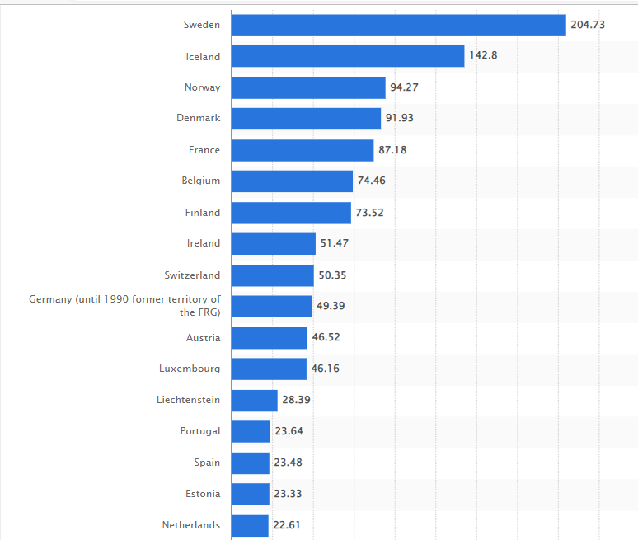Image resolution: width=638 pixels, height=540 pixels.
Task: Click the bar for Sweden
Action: coord(399,25)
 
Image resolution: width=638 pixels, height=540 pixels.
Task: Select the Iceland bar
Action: coord(348,56)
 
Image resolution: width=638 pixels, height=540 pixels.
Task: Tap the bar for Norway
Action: coord(308,87)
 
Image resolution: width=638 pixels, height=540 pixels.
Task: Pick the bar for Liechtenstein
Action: coord(255,400)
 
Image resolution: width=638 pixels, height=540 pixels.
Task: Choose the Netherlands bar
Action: coord(251,525)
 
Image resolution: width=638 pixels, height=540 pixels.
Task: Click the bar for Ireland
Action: coord(274,243)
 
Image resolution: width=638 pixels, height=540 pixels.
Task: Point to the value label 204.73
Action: coord(588,25)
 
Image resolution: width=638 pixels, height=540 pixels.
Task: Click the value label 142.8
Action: coord(483,56)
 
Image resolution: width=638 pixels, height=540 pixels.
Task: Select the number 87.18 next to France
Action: coord(392,150)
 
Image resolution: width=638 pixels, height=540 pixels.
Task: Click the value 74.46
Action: coord(372,181)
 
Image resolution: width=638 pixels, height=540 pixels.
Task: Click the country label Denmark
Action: coord(199,118)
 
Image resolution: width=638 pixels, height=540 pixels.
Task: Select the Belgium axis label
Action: coord(201,181)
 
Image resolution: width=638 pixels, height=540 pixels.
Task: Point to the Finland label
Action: coord(203,213)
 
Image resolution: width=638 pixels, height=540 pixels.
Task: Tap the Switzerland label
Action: coord(193,275)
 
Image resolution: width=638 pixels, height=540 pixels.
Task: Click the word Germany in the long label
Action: coord(49,299)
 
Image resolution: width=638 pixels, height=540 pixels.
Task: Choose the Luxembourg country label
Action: coord(190,369)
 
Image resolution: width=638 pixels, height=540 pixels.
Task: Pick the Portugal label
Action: coord(200,431)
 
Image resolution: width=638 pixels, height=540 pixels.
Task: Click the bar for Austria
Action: coord(270,338)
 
